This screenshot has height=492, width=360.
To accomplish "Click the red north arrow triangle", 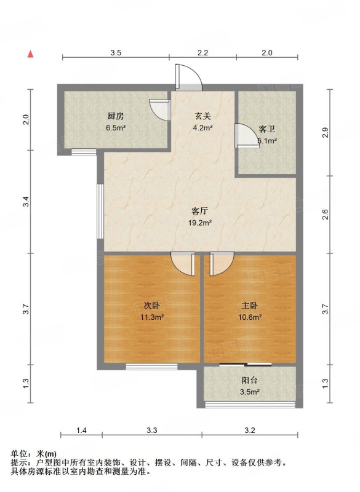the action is (30, 54).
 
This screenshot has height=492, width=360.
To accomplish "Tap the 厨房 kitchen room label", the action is (116, 116).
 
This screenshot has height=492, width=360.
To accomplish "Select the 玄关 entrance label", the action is (202, 116).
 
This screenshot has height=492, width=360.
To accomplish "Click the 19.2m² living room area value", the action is (199, 223).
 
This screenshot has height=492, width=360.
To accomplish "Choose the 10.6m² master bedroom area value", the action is (250, 317).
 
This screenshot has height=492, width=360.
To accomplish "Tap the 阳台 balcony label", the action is (249, 380).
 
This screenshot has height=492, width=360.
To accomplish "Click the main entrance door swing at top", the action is (189, 77).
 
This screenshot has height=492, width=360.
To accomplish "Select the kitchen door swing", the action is (160, 110).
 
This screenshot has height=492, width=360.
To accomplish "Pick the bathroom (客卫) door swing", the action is (247, 135).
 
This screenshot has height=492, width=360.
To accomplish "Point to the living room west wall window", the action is (100, 211).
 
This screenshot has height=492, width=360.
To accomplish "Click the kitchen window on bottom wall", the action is (84, 152).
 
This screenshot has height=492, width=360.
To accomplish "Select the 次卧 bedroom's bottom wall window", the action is (151, 367).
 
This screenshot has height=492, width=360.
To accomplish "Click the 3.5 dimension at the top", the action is (116, 53).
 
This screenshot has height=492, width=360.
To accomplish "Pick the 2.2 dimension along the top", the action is (202, 53).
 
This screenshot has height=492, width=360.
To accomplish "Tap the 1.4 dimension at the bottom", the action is (81, 430).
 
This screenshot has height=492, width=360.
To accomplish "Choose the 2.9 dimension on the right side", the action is (326, 132).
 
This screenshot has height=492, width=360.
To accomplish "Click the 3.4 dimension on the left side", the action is (26, 201).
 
